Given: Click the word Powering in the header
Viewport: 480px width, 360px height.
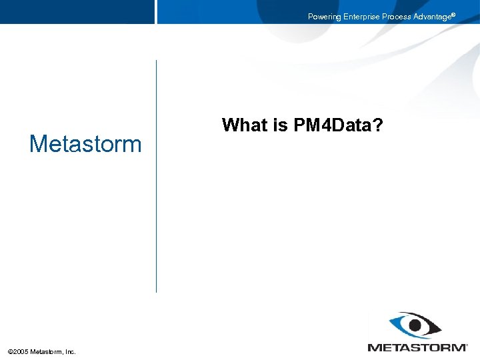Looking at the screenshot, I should point(324,17).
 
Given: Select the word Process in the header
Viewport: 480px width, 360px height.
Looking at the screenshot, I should point(398,17).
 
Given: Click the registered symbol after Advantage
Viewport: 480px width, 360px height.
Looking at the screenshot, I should point(454,14).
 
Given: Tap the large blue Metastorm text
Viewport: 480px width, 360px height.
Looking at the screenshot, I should point(85,144).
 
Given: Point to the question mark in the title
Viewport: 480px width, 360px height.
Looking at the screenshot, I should point(378,125).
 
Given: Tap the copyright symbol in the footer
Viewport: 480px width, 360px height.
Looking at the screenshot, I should point(10,351).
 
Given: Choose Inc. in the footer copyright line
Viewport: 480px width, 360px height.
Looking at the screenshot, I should point(71,351).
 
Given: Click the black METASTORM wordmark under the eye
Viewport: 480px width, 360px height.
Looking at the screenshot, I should point(417,347).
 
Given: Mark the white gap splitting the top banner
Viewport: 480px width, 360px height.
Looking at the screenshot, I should point(156,12).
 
